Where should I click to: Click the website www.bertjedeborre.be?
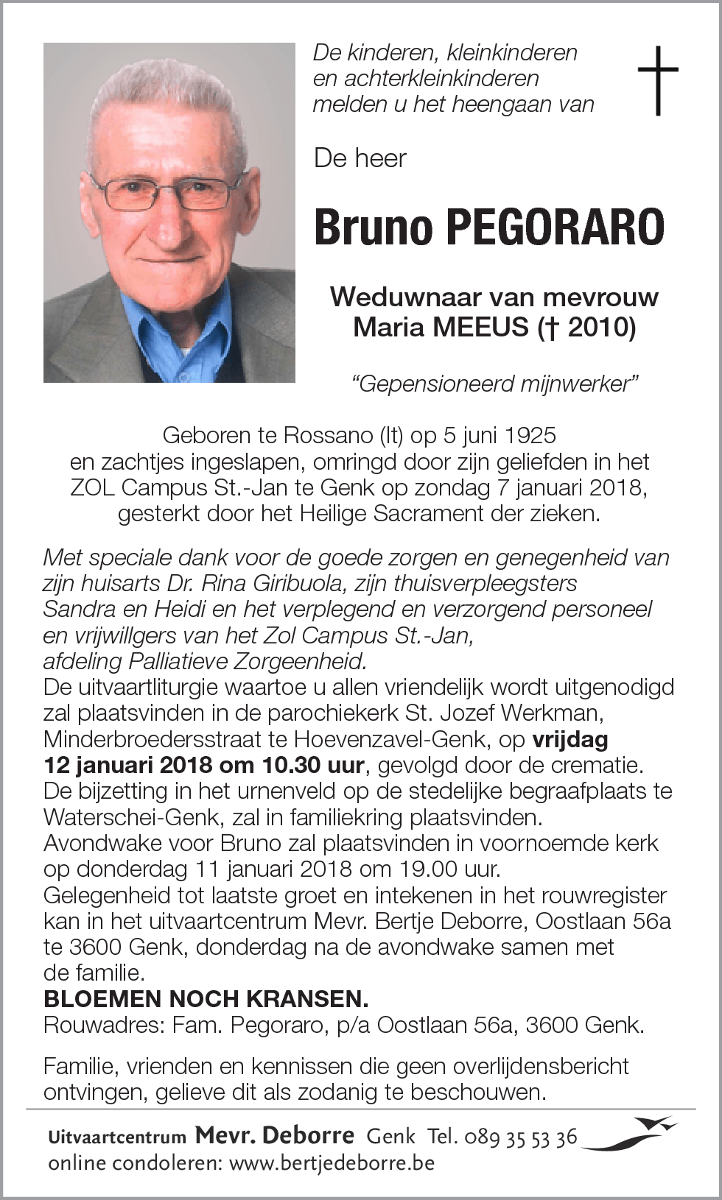click(x=332, y=1163)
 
